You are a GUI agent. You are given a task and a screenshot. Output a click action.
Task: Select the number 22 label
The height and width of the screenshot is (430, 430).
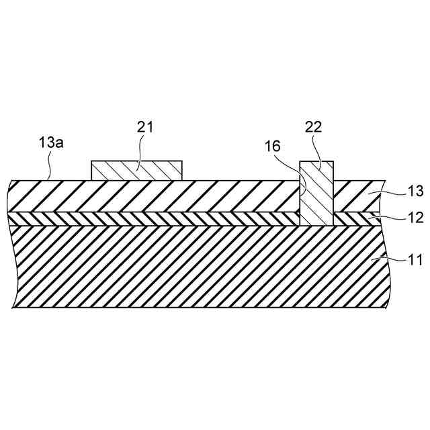click(x=313, y=127)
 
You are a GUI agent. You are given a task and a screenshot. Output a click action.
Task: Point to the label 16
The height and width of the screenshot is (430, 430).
click(x=273, y=144)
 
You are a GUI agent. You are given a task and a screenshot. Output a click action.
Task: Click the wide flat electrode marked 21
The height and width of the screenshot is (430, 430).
click(x=136, y=171)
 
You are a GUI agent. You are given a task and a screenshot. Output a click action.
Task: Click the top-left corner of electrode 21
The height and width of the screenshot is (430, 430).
click(x=91, y=161)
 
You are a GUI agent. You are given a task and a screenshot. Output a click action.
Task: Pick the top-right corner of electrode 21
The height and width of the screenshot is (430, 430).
click(x=182, y=161)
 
